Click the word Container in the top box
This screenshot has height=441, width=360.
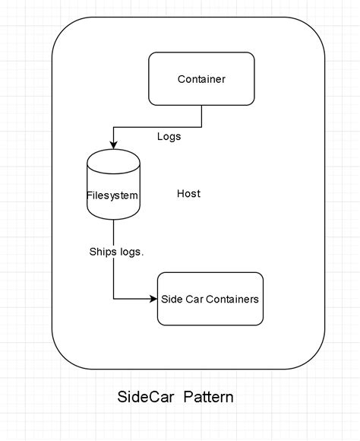pyautogui.click(x=201, y=79)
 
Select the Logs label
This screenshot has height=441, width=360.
pyautogui.click(x=169, y=137)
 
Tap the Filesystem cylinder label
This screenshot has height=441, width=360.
pyautogui.click(x=112, y=195)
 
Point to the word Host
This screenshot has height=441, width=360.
pyautogui.click(x=188, y=193)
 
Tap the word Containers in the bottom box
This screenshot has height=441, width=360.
pyautogui.click(x=232, y=299)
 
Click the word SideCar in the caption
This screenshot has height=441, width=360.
pyautogui.click(x=146, y=397)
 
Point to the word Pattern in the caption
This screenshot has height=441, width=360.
pyautogui.click(x=209, y=397)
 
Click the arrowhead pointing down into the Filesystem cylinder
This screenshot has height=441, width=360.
pyautogui.click(x=113, y=145)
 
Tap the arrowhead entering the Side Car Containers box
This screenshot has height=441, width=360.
pyautogui.click(x=153, y=299)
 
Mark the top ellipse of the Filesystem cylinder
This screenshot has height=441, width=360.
pyautogui.click(x=113, y=149)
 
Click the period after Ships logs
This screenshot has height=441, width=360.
pyautogui.click(x=142, y=255)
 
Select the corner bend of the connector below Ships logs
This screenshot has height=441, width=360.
pyautogui.click(x=113, y=299)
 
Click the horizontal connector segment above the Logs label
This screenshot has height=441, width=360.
pyautogui.click(x=158, y=127)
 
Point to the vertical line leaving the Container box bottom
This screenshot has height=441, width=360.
pyautogui.click(x=201, y=116)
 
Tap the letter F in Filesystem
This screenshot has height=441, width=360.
pyautogui.click(x=89, y=195)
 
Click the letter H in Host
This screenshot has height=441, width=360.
pyautogui.click(x=181, y=193)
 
